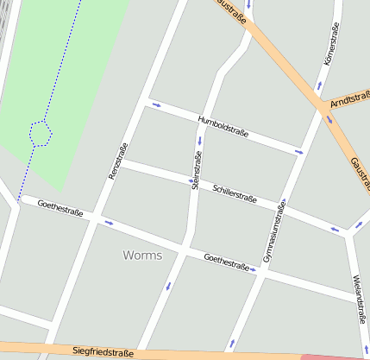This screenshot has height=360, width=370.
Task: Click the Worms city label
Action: pos(142,256)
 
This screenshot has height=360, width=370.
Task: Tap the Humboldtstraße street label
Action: pos(223,126)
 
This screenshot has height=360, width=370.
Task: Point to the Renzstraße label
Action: pos(118,161)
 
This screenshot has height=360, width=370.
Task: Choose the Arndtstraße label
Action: pos(350,103)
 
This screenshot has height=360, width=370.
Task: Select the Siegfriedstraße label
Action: pos(103,352)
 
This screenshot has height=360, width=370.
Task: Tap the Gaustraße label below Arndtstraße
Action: pos(361,172)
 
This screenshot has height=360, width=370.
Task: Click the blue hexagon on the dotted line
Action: pos(41,132)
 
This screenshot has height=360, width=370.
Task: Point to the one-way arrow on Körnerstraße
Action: pos(319,86)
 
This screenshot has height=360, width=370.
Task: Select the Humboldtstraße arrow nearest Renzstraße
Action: pos(156,105)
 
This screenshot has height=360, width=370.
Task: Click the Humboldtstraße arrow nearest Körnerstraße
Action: pos(298,152)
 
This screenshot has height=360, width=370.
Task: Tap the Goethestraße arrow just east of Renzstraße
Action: pos(110,224)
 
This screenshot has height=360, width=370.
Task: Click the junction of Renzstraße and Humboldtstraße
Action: pos(144,102)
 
